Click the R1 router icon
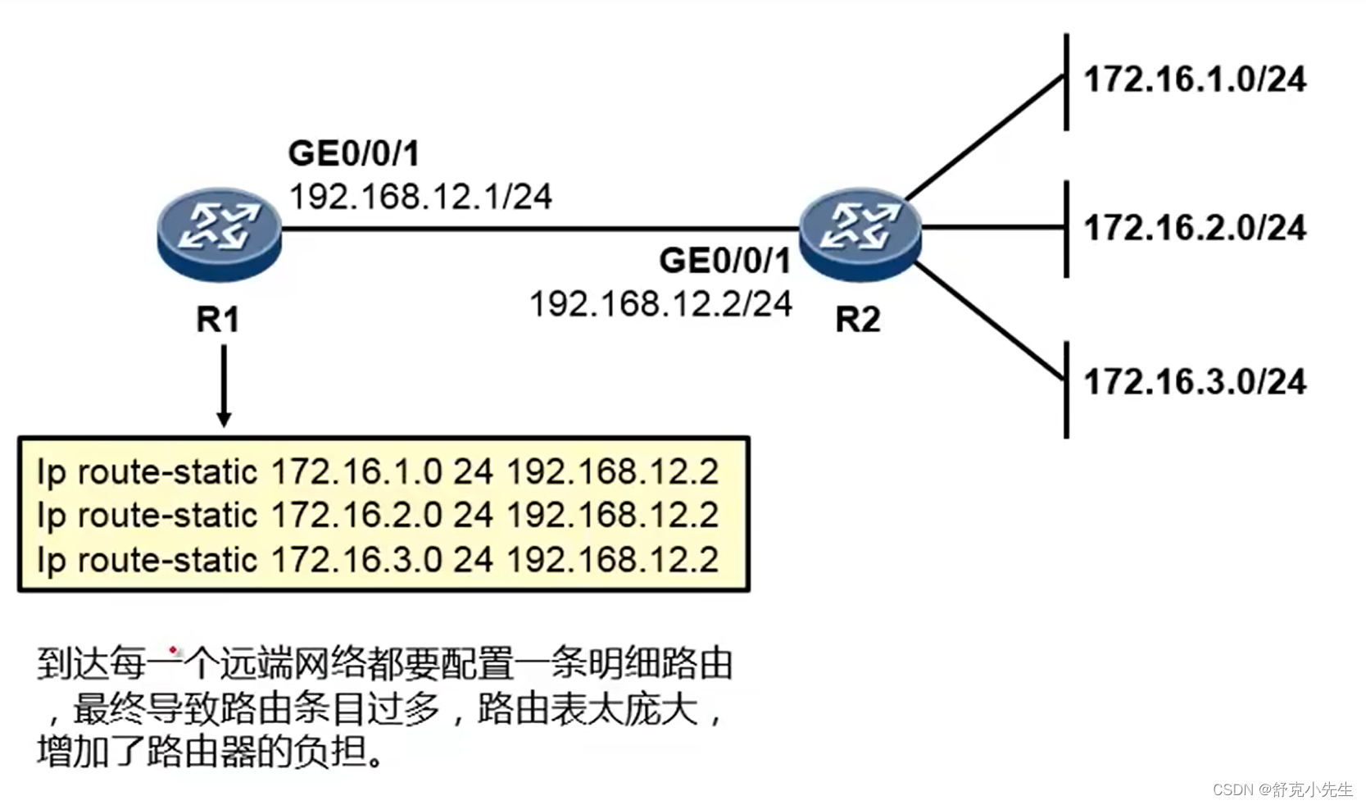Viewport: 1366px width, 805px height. [219, 233]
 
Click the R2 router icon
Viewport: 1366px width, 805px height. [860, 233]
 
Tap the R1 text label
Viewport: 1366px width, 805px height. [217, 320]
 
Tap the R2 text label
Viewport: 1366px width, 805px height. [857, 320]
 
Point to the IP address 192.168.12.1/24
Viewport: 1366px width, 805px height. [420, 198]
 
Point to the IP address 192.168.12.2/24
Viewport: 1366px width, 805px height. [660, 305]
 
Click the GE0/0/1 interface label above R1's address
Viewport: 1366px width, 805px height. [353, 153]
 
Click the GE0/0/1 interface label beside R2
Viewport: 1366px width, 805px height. [724, 262]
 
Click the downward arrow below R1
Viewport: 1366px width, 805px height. [223, 385]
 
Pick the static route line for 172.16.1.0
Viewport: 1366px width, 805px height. [378, 472]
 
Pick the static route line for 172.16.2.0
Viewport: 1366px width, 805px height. [378, 516]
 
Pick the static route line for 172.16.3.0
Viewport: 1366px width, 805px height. [378, 560]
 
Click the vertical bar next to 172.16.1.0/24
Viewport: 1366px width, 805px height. [1066, 82]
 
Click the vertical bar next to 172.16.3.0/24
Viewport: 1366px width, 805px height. [1066, 390]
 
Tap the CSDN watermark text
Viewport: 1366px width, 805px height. [1282, 789]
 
